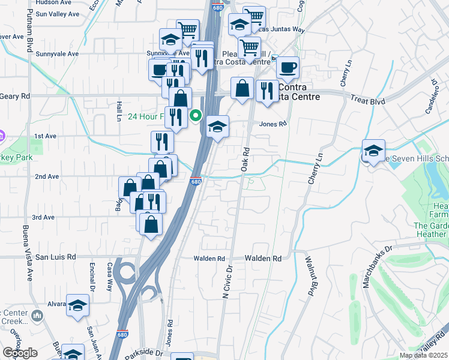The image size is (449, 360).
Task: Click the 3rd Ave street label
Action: pyautogui.click(x=44, y=217)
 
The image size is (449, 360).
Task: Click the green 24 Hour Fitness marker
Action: pyautogui.click(x=196, y=115)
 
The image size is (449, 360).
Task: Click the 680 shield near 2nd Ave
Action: pyautogui.click(x=196, y=181)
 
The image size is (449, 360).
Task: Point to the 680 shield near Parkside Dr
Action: pyautogui.click(x=122, y=334)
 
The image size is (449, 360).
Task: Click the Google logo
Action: pyautogui.click(x=20, y=353)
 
